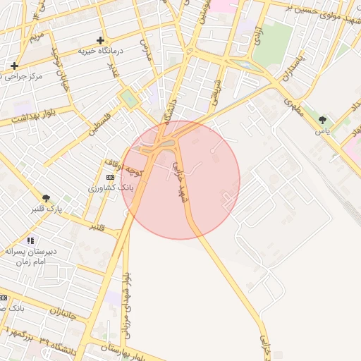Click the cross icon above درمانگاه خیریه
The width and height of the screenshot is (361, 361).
point(101,40)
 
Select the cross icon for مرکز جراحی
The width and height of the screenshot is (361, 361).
point(14,66)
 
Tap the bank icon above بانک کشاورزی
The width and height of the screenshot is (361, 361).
point(109,177)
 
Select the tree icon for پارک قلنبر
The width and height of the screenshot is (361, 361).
point(47,198)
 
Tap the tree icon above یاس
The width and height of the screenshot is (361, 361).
point(323,120)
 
